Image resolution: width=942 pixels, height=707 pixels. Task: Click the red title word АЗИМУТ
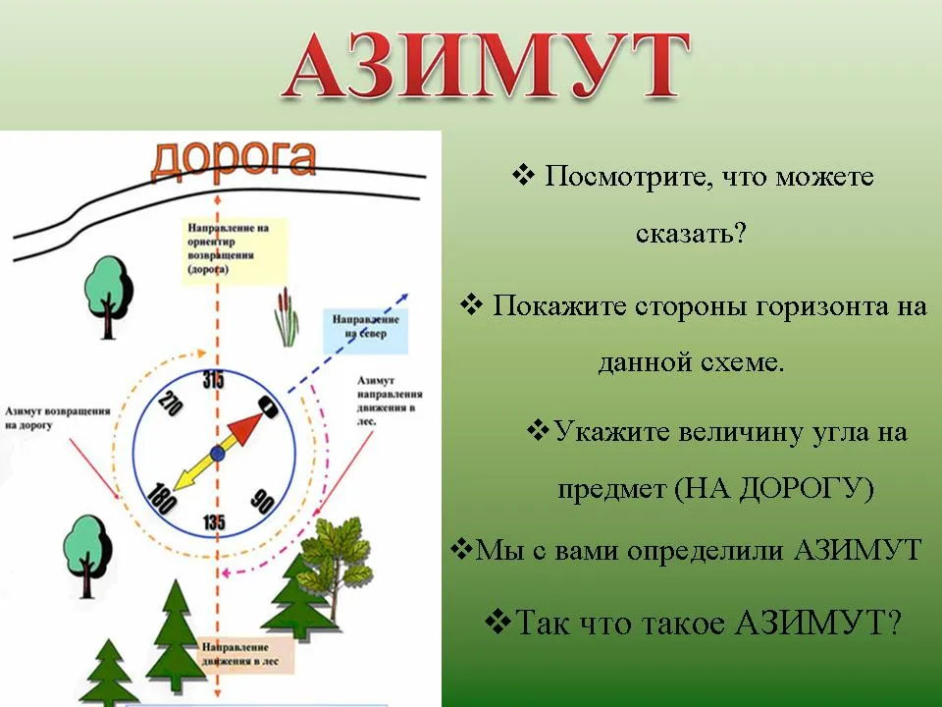(x=486, y=65)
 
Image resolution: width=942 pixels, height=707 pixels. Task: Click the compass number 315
(x=213, y=380)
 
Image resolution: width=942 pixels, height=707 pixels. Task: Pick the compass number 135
(x=214, y=521)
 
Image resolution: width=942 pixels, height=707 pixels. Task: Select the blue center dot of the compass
(x=218, y=454)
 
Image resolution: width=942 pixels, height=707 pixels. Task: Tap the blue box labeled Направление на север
(x=366, y=331)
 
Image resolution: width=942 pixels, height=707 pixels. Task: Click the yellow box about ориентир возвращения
(x=235, y=250)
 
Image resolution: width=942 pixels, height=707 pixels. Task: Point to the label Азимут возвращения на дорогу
(x=58, y=418)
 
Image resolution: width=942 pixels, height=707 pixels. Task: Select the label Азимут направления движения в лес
(x=390, y=401)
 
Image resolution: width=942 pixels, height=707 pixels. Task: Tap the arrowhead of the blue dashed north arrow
(x=405, y=297)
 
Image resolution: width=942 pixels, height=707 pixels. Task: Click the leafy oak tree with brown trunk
(x=334, y=559)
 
